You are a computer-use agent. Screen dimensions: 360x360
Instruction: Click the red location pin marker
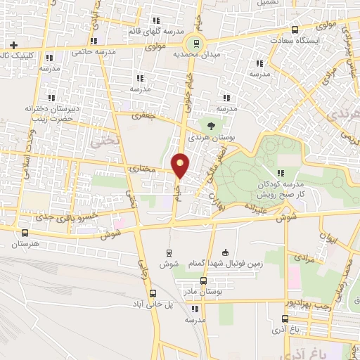coord(181,165)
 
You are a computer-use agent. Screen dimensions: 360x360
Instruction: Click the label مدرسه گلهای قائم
coord(156,32)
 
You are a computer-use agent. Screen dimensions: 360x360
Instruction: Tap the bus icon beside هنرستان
coord(25,233)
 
